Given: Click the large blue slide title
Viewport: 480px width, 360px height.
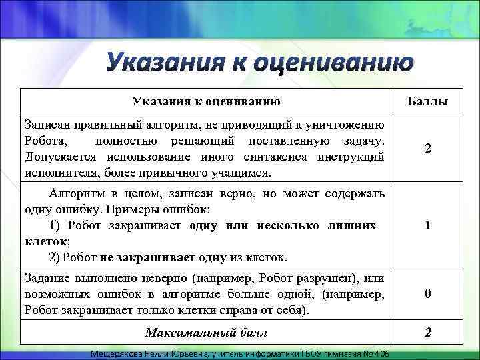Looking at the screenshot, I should pos(260,64).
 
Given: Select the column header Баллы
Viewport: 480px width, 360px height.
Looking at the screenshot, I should pos(427,102).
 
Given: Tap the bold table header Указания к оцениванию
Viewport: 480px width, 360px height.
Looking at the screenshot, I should pos(205,101).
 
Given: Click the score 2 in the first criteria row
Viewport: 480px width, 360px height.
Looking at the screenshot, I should pos(427,149).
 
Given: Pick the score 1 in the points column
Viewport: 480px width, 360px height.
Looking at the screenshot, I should pos(427,226).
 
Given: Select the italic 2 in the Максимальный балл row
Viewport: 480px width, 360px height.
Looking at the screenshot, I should pos(427,332).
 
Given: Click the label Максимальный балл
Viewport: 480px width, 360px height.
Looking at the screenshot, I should pos(205,332).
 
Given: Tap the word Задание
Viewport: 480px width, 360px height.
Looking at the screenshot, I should pos(47,277).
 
